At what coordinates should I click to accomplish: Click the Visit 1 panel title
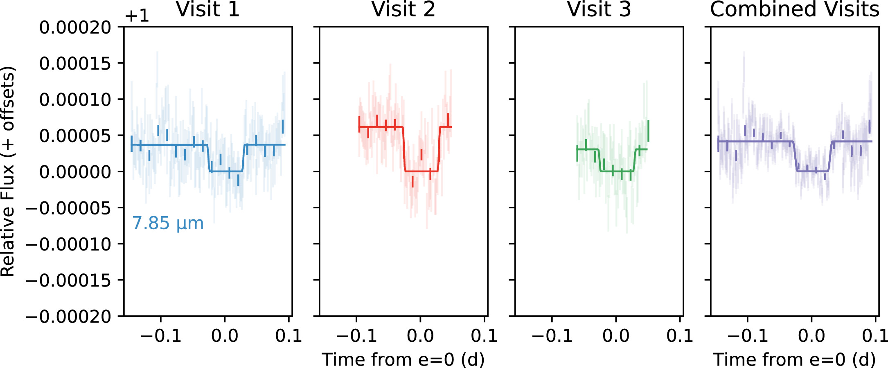pyautogui.click(x=207, y=9)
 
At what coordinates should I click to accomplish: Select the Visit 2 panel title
pyautogui.click(x=403, y=9)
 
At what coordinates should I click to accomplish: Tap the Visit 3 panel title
pyautogui.click(x=599, y=9)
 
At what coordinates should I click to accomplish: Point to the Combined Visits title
pyautogui.click(x=794, y=9)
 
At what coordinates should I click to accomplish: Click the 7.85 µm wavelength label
pyautogui.click(x=168, y=224)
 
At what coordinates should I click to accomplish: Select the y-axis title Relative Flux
pyautogui.click(x=8, y=171)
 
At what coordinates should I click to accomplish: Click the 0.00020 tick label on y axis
pyautogui.click(x=75, y=28)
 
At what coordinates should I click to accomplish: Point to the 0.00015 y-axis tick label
pyautogui.click(x=75, y=63)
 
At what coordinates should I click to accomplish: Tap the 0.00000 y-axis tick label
pyautogui.click(x=75, y=172)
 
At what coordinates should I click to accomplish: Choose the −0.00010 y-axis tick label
pyautogui.click(x=69, y=244)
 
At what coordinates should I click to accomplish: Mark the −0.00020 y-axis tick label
pyautogui.click(x=69, y=317)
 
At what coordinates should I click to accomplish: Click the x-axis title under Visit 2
pyautogui.click(x=403, y=359)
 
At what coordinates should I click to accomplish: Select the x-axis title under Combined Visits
pyautogui.click(x=794, y=359)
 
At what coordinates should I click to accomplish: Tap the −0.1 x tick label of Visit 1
pyautogui.click(x=161, y=336)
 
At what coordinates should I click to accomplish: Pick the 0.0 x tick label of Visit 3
pyautogui.click(x=616, y=336)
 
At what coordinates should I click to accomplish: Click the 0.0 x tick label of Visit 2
pyautogui.click(x=420, y=336)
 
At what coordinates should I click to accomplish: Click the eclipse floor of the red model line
pyautogui.click(x=421, y=171)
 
